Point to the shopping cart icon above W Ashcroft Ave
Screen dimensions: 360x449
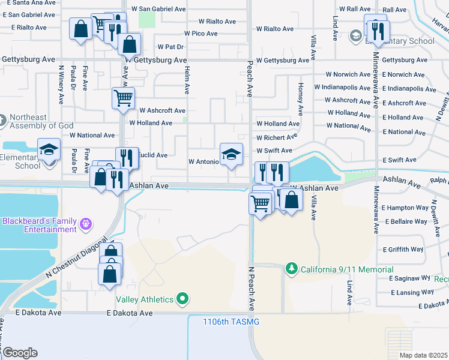click(123, 97)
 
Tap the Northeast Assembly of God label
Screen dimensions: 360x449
click(40, 121)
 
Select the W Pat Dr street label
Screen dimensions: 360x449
click(170, 47)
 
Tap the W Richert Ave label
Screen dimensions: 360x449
click(277, 137)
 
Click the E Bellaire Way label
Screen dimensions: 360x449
click(406, 222)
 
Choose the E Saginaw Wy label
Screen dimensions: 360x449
click(410, 279)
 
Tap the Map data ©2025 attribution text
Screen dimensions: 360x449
click(423, 355)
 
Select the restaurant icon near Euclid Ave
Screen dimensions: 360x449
click(127, 158)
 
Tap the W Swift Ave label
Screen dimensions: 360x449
click(274, 151)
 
